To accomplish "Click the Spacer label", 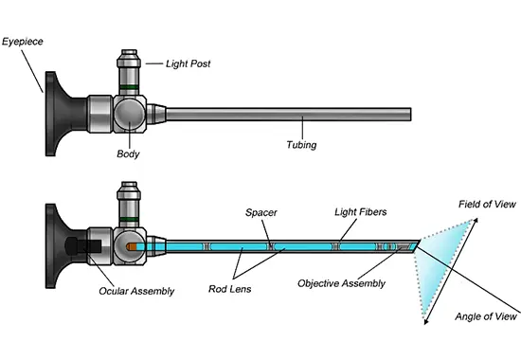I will (x=260, y=212).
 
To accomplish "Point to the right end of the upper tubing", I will (x=409, y=116).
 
